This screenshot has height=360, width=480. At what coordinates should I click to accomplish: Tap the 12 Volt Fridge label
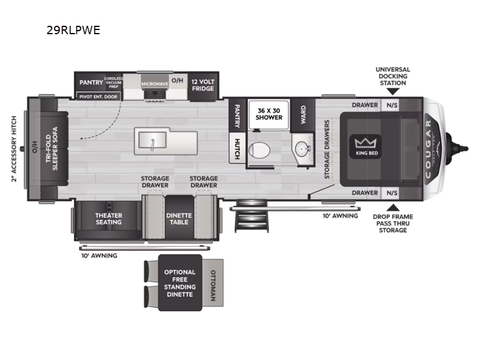(203, 84)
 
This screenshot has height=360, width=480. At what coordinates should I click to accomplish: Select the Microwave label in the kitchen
(154, 84)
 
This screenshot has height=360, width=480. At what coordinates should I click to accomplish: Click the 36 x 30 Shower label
(269, 113)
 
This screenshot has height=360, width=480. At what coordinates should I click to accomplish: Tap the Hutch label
(237, 148)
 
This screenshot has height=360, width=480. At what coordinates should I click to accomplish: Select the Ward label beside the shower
(304, 113)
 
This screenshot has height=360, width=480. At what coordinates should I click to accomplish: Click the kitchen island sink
(154, 140)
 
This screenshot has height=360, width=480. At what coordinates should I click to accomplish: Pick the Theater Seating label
(109, 218)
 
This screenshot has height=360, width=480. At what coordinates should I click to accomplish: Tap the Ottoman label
(214, 284)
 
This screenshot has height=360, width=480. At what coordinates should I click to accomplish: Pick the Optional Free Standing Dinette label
(179, 284)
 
